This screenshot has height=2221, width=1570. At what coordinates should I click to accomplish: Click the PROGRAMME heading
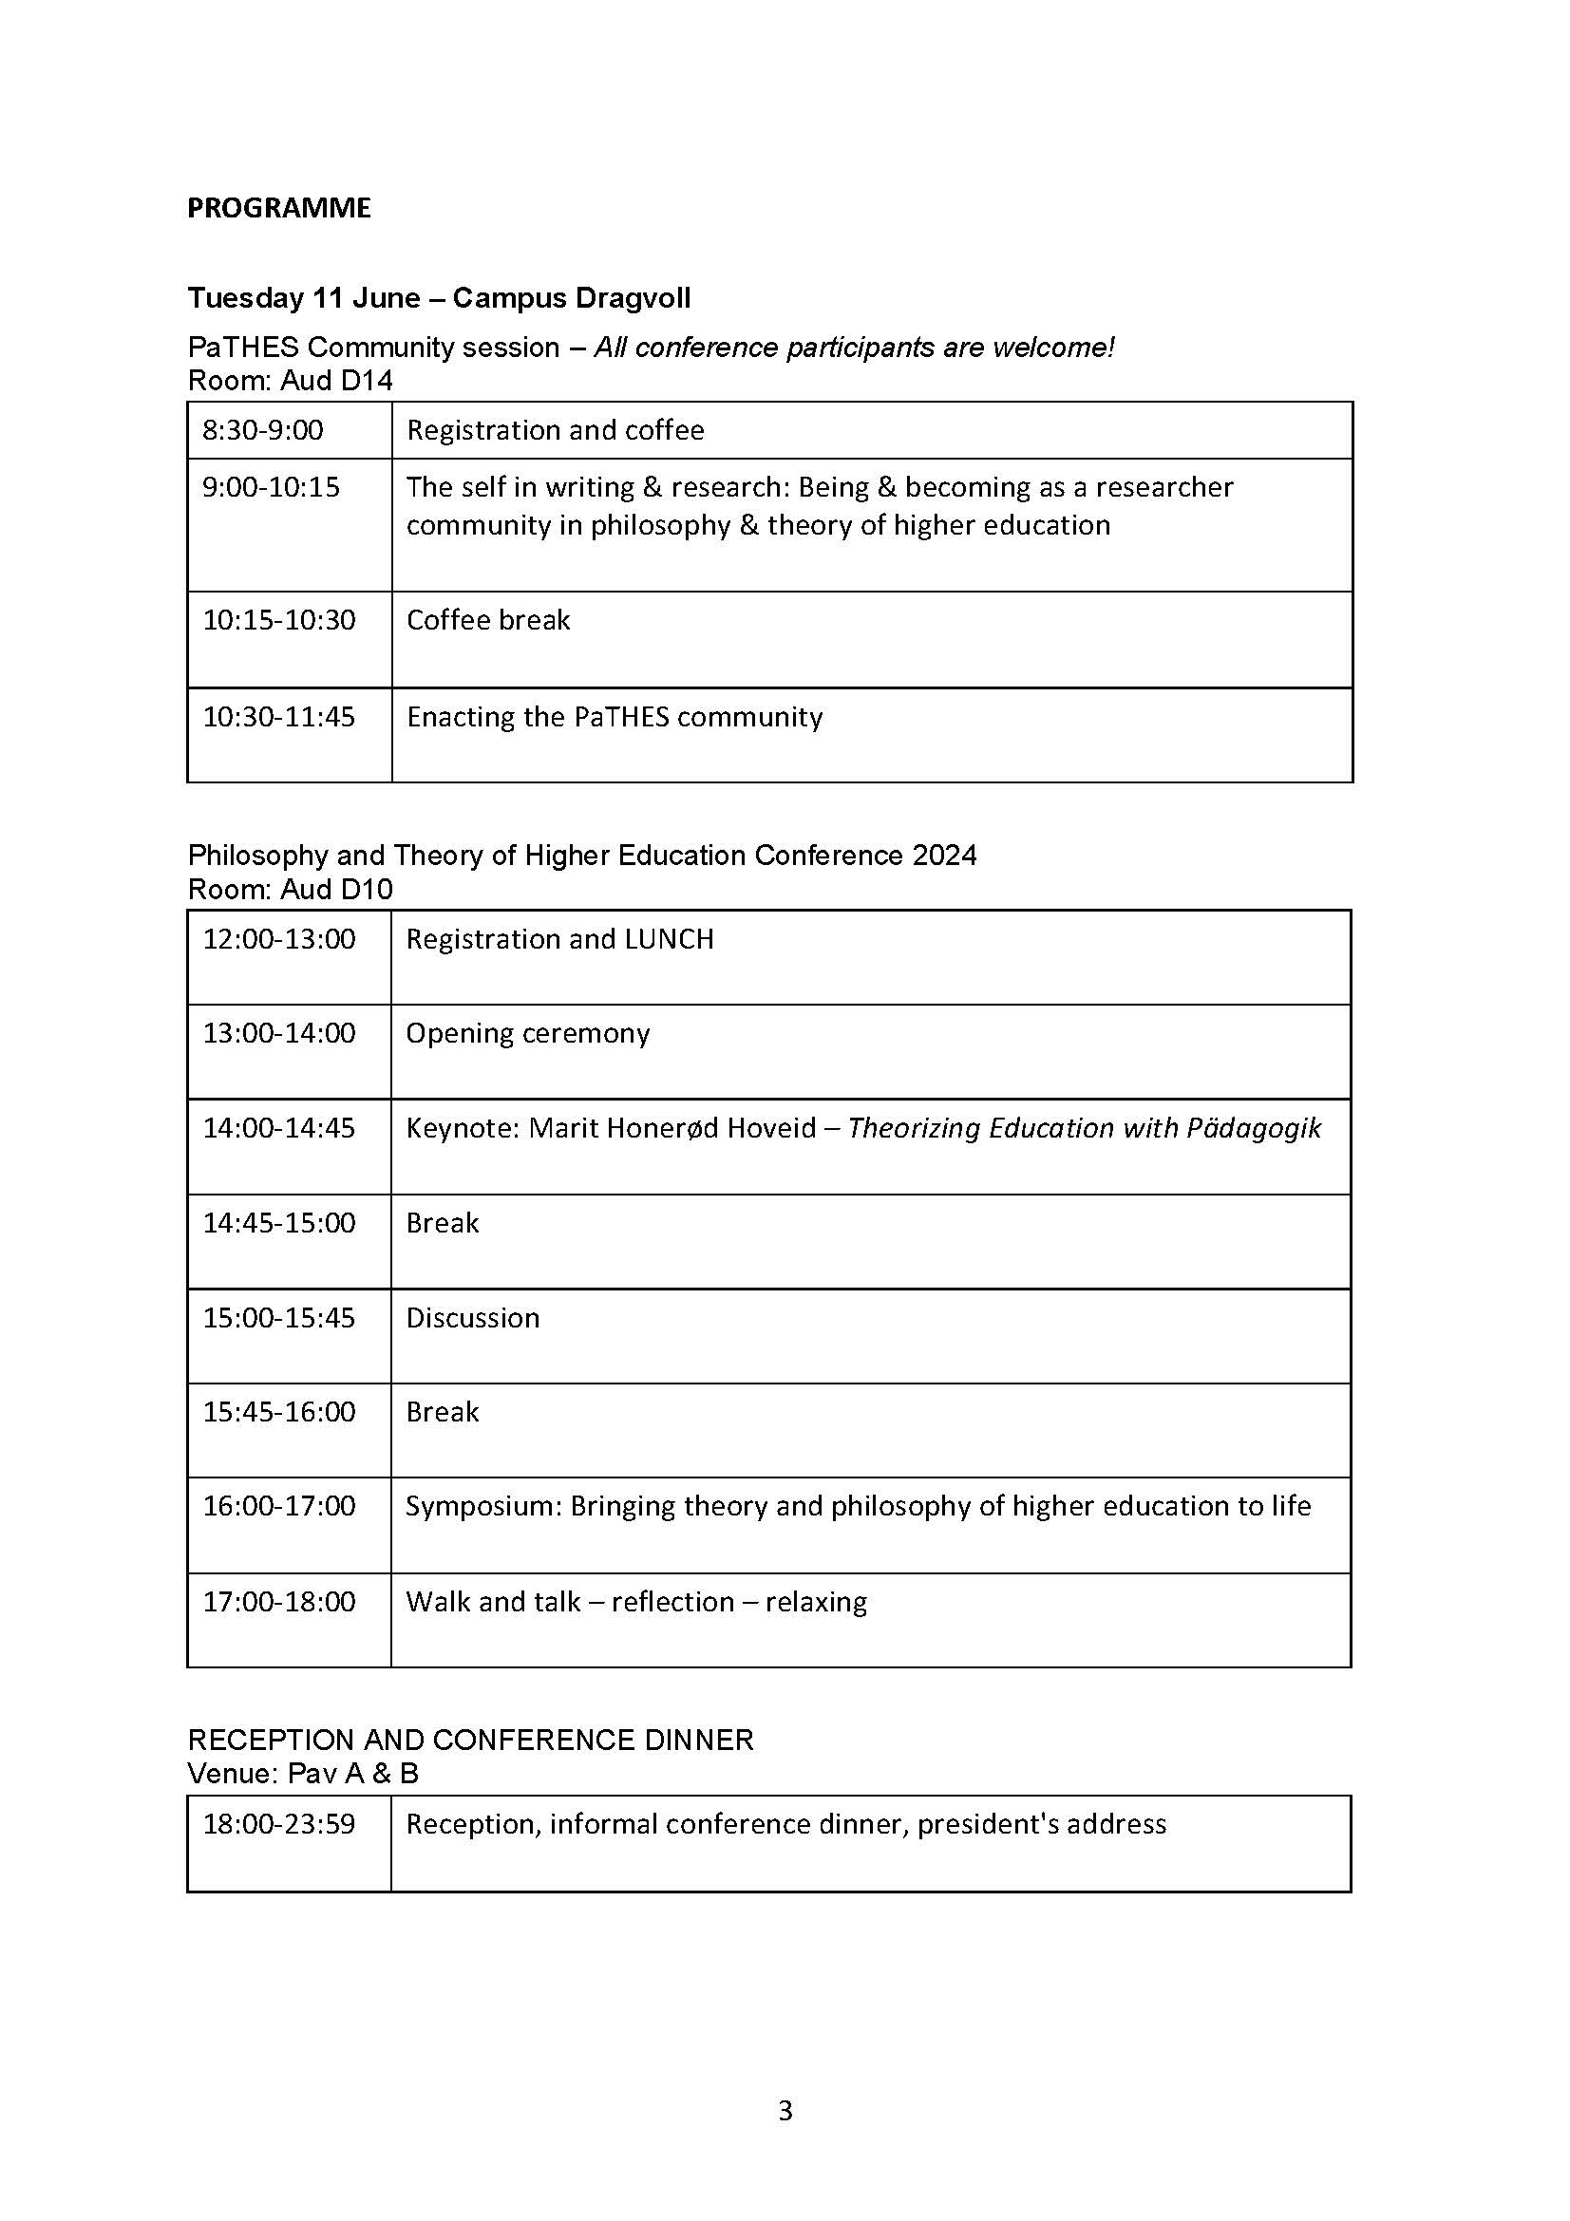coord(278,208)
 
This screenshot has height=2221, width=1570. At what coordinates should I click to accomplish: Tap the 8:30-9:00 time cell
coord(262,429)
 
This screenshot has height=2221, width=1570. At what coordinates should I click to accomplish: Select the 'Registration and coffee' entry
coord(555,429)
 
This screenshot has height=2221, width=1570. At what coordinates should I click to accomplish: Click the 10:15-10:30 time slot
coord(278,620)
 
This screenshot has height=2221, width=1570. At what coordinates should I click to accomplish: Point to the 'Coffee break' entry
coord(487,620)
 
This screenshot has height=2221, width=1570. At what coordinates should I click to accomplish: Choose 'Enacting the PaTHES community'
coord(615,717)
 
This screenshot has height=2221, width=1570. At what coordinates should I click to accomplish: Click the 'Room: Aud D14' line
coord(291,380)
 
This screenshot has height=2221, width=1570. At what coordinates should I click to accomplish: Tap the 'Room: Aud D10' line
coord(291,889)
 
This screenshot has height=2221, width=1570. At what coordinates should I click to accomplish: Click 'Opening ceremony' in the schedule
coord(527,1033)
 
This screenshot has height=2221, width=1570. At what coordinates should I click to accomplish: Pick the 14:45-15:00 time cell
coord(278,1223)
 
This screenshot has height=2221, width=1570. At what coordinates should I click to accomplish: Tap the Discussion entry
coord(472,1318)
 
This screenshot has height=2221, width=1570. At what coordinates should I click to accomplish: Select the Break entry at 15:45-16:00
coord(442,1412)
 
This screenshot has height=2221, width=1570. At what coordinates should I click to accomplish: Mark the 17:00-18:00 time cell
coord(278,1602)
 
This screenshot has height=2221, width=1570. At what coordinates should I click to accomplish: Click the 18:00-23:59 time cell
coord(278,1824)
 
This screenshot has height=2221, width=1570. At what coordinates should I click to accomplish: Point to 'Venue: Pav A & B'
coord(303,1773)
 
